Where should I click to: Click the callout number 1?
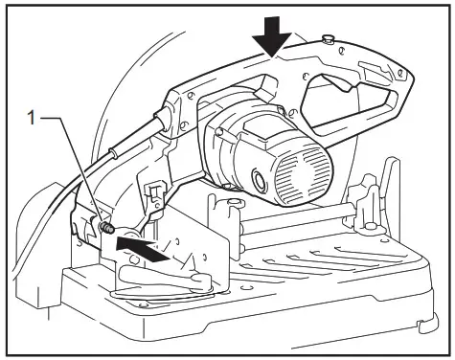point(34,118)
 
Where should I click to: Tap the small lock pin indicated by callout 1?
point(106,228)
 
